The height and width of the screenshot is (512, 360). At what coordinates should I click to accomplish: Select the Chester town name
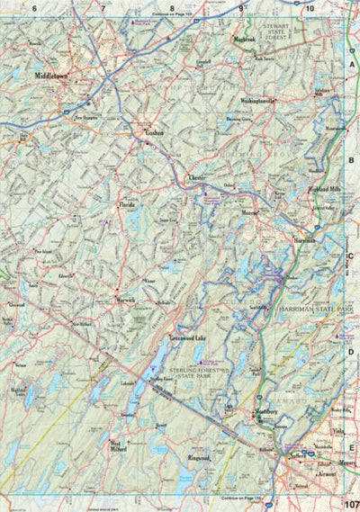[198, 178]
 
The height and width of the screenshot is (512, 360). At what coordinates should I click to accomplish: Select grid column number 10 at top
[308, 8]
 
